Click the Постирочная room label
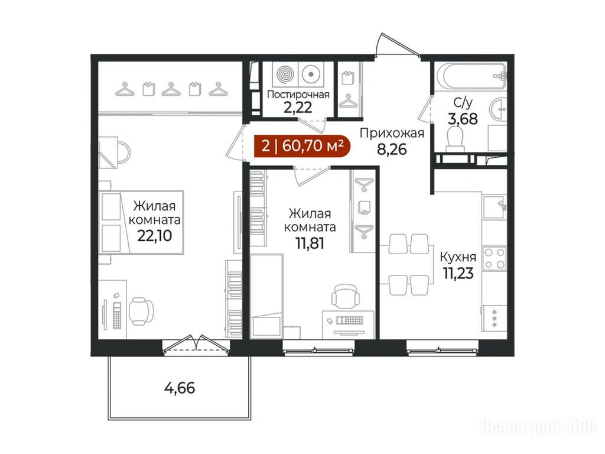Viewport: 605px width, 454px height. pyautogui.click(x=298, y=95)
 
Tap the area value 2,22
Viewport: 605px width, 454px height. pyautogui.click(x=298, y=108)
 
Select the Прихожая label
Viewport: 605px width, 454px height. pyautogui.click(x=392, y=133)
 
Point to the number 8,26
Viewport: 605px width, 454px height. pyautogui.click(x=392, y=149)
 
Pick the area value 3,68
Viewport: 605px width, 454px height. pyautogui.click(x=463, y=118)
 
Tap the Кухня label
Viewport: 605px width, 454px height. pyautogui.click(x=458, y=257)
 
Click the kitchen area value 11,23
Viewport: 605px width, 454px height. pyautogui.click(x=458, y=273)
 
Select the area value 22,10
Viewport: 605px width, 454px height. pyautogui.click(x=154, y=235)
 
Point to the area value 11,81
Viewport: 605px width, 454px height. pyautogui.click(x=310, y=243)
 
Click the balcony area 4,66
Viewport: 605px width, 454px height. pyautogui.click(x=180, y=388)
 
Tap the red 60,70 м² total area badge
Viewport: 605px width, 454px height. pyautogui.click(x=302, y=147)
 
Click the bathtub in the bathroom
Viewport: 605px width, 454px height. pyautogui.click(x=470, y=76)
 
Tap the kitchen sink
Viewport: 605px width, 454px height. pyautogui.click(x=495, y=206)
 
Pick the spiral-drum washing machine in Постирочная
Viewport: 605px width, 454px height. pyautogui.click(x=285, y=74)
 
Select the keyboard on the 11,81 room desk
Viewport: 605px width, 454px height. pyautogui.click(x=350, y=320)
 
